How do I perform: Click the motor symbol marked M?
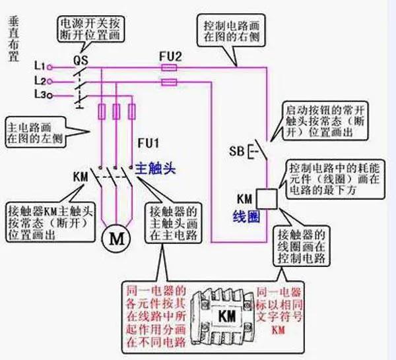pos(116,238)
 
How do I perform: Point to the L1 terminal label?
pos(39,67)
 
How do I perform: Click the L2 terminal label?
pos(39,81)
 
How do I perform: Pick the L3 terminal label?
pos(39,96)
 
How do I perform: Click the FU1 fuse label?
pos(148,142)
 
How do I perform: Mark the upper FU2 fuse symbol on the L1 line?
pos(170,67)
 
